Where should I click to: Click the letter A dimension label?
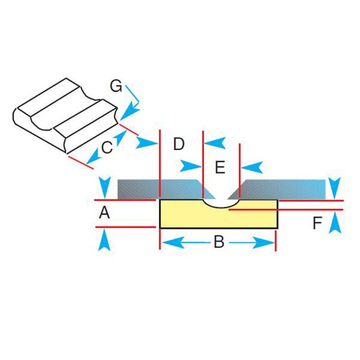tap(104, 212)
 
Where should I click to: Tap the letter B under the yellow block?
tap(219, 242)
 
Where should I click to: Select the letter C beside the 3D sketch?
tap(106, 148)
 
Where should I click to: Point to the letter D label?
tap(178, 145)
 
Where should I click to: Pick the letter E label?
tap(220, 167)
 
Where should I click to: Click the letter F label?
tap(317, 223)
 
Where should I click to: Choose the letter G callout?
tap(116, 86)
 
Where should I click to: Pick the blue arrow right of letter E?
tap(253, 166)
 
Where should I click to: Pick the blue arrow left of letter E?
tap(191, 166)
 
